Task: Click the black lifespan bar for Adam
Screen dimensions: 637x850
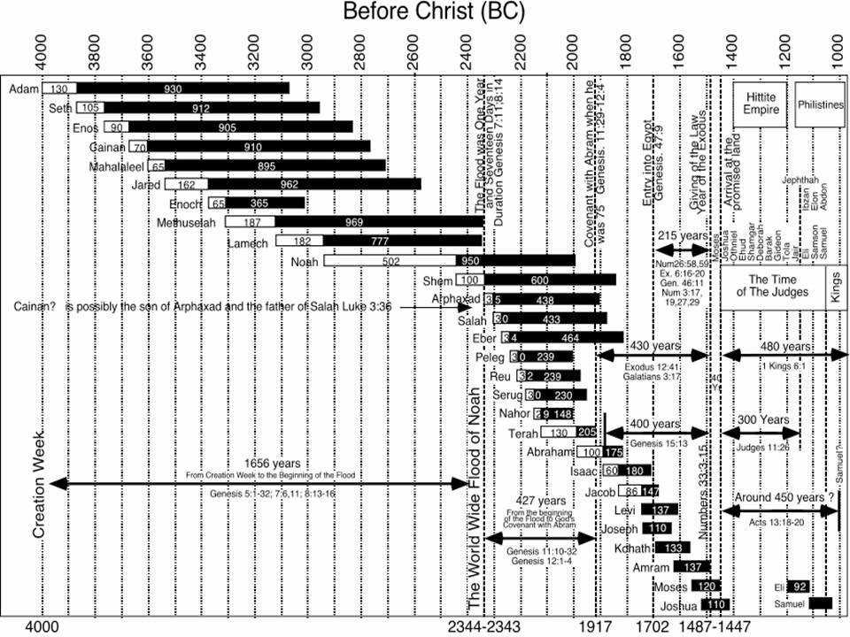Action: coord(182,88)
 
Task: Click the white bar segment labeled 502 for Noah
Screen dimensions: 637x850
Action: coord(390,261)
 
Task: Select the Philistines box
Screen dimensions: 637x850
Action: coord(821,104)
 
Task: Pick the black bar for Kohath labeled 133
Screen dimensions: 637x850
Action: coord(672,549)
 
